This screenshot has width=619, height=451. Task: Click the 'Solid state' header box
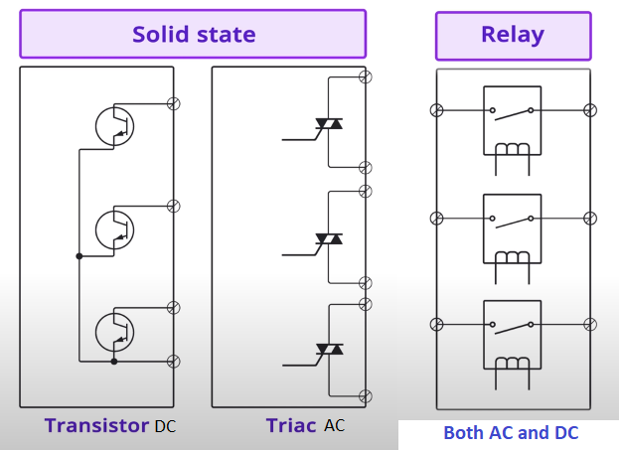pyautogui.click(x=193, y=35)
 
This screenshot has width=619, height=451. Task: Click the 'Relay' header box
pyautogui.click(x=512, y=35)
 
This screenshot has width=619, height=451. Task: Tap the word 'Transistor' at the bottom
pyautogui.click(x=96, y=425)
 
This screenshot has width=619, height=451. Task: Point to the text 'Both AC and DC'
pyautogui.click(x=511, y=433)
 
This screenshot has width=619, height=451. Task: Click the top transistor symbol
pyautogui.click(x=114, y=125)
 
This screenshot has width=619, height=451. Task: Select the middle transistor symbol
pyautogui.click(x=114, y=228)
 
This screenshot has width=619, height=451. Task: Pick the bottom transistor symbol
pyautogui.click(x=114, y=332)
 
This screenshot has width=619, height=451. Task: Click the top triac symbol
pyautogui.click(x=329, y=125)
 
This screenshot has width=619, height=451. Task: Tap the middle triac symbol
pyautogui.click(x=329, y=239)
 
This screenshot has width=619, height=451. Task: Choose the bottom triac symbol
pyautogui.click(x=329, y=350)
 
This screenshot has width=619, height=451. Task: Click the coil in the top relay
pyautogui.click(x=512, y=150)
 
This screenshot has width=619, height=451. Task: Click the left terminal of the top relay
pyautogui.click(x=434, y=110)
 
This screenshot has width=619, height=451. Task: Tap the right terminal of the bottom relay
pyautogui.click(x=590, y=325)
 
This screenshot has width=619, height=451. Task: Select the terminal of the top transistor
pyautogui.click(x=174, y=102)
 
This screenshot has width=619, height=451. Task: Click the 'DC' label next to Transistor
pyautogui.click(x=165, y=426)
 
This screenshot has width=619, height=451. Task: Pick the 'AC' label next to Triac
pyautogui.click(x=335, y=426)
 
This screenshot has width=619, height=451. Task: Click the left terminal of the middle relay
pyautogui.click(x=434, y=218)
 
